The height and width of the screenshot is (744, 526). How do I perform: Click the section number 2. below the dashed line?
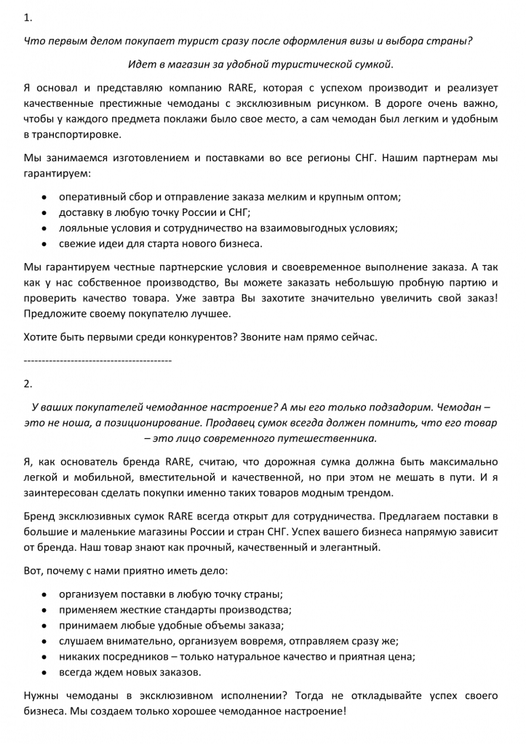[28, 383]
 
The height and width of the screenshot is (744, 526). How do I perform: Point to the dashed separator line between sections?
[97, 360]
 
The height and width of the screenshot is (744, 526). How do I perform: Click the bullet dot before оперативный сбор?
[44, 197]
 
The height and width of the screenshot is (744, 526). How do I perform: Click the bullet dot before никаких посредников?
[44, 656]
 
